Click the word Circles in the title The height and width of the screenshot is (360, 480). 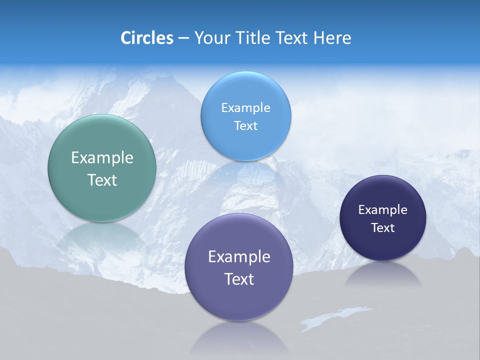pos(146,37)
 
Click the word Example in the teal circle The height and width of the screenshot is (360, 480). pos(102,158)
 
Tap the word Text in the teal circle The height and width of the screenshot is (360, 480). pos(102,180)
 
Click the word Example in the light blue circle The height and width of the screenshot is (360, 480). pos(245,107)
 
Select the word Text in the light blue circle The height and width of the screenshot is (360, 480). pos(245,125)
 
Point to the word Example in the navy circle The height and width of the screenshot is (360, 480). pos(383,209)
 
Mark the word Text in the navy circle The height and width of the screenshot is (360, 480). pos(383,227)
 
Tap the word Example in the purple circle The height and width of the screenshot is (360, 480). pos(239,256)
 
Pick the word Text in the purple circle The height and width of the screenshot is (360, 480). pos(239,279)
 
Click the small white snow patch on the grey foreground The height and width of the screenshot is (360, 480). pos(330,317)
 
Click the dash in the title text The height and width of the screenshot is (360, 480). pos(183,38)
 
